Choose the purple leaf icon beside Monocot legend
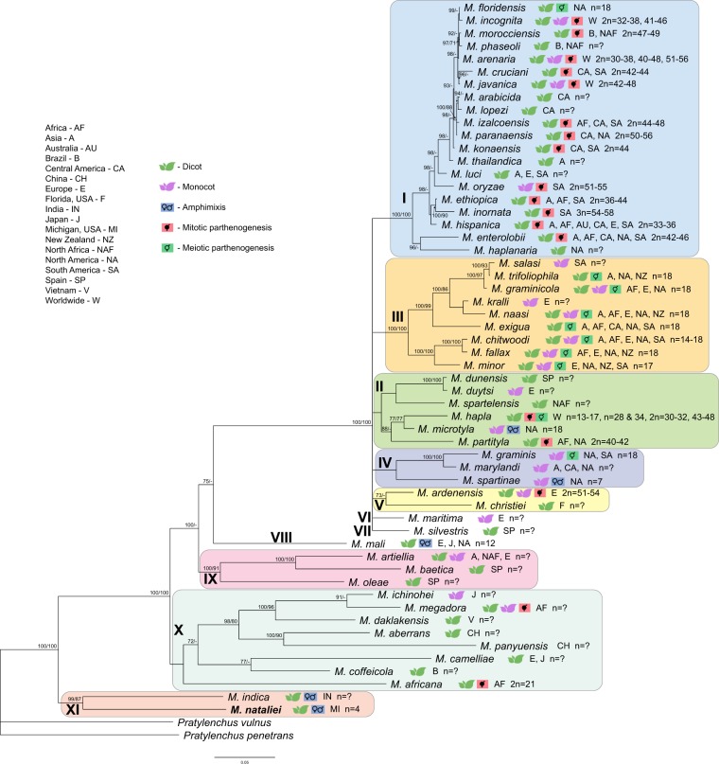[x=168, y=193]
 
